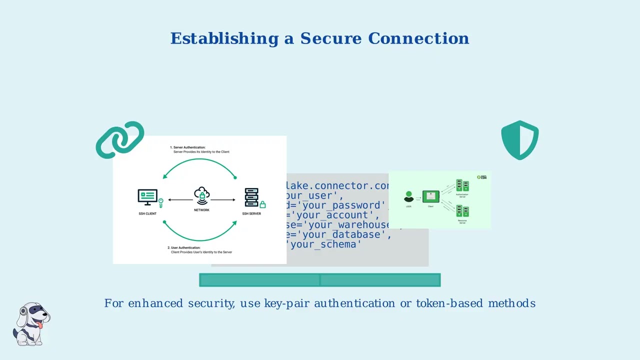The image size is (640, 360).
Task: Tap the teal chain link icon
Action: [x=120, y=139]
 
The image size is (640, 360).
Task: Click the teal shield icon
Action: [x=519, y=140]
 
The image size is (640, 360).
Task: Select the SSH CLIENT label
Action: [x=147, y=214]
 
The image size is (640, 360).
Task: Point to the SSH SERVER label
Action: [x=251, y=214]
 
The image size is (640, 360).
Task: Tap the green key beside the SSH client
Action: [x=161, y=203]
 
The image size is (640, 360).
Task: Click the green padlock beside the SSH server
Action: [x=262, y=204]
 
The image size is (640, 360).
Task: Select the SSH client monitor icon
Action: [x=147, y=197]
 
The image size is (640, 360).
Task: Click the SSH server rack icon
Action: [x=251, y=197]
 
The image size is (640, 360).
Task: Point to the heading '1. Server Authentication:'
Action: [x=187, y=147]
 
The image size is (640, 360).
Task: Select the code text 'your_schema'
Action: [x=325, y=244]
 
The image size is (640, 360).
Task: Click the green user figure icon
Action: [x=408, y=196]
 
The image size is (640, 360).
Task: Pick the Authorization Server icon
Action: [x=462, y=186]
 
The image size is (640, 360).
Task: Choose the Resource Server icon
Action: [x=462, y=210]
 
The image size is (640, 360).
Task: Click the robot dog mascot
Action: [x=31, y=323]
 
